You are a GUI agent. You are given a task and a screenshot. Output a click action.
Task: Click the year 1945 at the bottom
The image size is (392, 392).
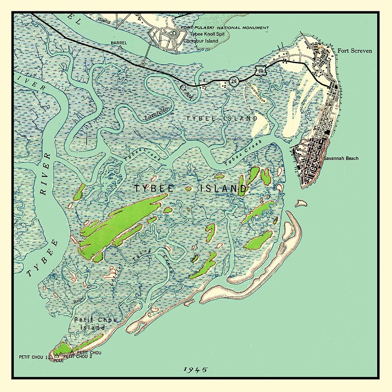tap(196, 370)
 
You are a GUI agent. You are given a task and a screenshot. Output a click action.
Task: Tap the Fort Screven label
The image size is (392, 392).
tap(355, 51)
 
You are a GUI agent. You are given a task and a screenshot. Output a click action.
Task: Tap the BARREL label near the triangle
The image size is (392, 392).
tap(119, 43)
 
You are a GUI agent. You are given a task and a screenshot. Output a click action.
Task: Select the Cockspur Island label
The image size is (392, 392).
tap(200, 41)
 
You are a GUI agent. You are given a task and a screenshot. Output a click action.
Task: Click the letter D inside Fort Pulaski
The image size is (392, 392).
tap(174, 33)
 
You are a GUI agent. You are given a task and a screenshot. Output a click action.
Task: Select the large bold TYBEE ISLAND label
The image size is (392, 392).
tap(190, 189)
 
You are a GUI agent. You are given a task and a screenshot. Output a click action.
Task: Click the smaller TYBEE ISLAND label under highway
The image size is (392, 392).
tap(222, 118)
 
